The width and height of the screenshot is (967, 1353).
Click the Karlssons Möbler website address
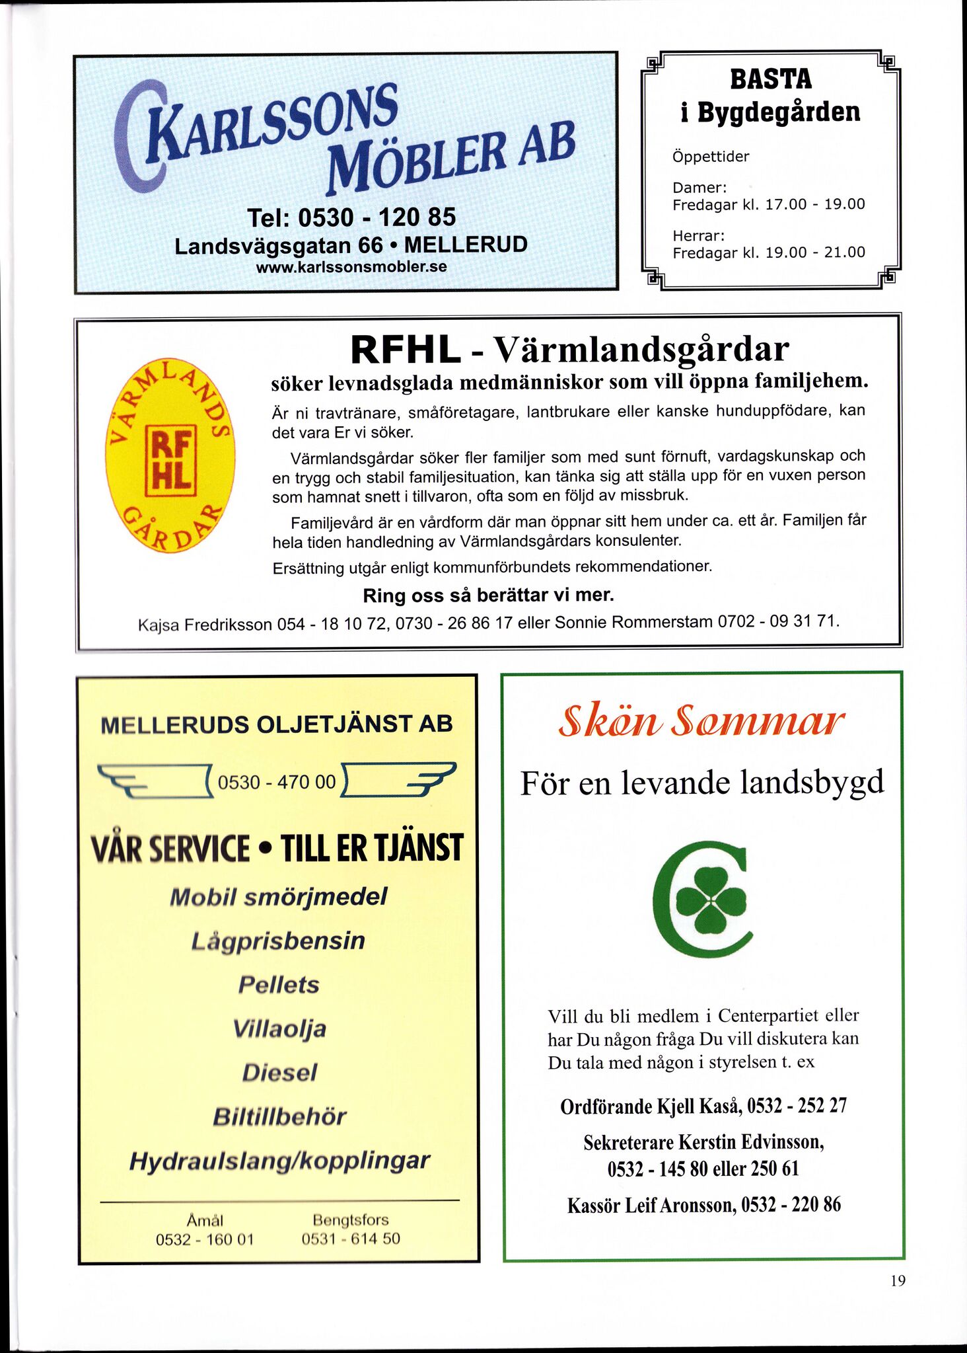point(351,268)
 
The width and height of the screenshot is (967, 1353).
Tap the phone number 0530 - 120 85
point(351,217)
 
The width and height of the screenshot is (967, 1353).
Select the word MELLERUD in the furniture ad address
point(466,245)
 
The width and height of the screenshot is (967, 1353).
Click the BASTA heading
point(770,79)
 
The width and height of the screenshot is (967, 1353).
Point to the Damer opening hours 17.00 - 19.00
point(814,204)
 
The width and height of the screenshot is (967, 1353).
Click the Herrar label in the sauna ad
point(699,236)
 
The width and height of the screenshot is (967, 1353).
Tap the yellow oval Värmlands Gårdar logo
point(170,456)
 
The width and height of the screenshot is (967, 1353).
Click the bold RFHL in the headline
point(405,350)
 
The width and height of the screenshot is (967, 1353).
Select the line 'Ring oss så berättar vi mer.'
point(488,596)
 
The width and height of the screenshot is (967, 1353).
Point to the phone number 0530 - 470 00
point(277,783)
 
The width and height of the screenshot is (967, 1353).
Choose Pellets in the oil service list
point(279,985)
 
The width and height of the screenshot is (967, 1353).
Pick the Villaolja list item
point(279,1029)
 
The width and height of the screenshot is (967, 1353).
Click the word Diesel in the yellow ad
point(279,1072)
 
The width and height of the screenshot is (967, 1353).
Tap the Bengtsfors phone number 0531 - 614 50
point(351,1239)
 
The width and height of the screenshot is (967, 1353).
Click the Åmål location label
point(205,1220)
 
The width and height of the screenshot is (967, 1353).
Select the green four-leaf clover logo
point(703,900)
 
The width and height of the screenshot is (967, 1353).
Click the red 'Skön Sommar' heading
point(701,722)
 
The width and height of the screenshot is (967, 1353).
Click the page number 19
point(898,1281)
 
